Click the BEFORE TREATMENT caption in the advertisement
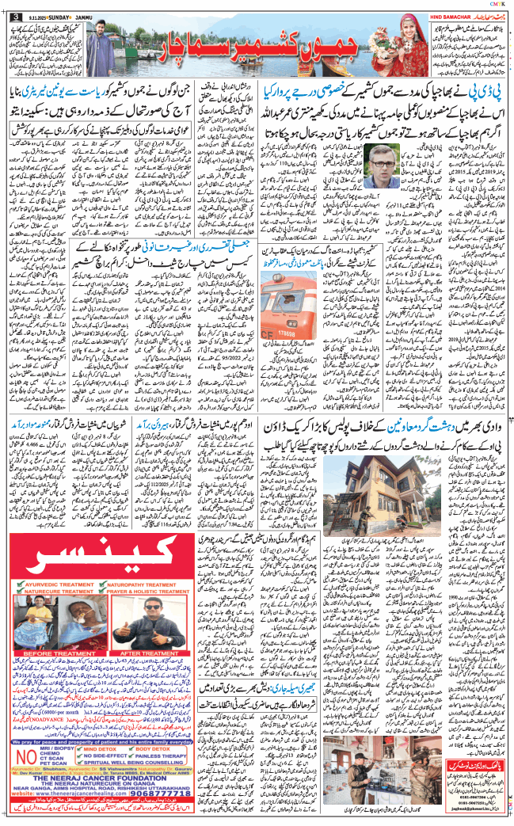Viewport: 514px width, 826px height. coord(48,653)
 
